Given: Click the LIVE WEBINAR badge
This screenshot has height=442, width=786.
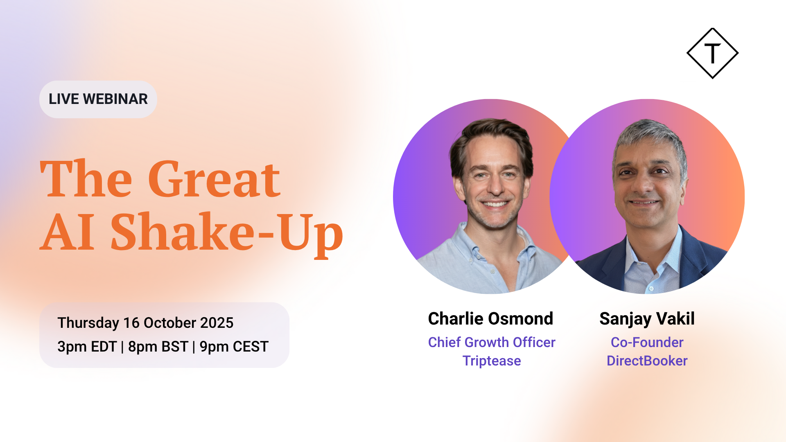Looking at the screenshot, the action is pyautogui.click(x=98, y=99).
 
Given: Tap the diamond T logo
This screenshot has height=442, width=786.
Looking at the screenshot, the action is pyautogui.click(x=712, y=53).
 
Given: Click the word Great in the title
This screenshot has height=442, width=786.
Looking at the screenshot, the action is pyautogui.click(x=214, y=178).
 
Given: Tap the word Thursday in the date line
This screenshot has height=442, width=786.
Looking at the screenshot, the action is pyautogui.click(x=88, y=323).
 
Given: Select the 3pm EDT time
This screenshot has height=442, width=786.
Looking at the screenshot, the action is pyautogui.click(x=87, y=347).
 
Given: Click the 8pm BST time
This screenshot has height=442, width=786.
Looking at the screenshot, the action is pyautogui.click(x=158, y=347).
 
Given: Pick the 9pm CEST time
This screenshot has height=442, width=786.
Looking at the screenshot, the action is pyautogui.click(x=234, y=347).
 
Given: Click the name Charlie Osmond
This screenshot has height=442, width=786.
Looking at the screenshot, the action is pyautogui.click(x=490, y=319).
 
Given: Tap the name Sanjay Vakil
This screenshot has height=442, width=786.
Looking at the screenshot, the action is pyautogui.click(x=647, y=319).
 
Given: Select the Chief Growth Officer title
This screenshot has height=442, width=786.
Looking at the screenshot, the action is pyautogui.click(x=492, y=342).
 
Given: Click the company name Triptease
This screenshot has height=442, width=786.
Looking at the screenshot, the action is pyautogui.click(x=492, y=361).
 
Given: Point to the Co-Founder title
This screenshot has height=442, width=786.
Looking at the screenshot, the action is pyautogui.click(x=647, y=342).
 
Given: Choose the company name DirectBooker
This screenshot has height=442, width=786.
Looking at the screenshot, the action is pyautogui.click(x=647, y=361).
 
